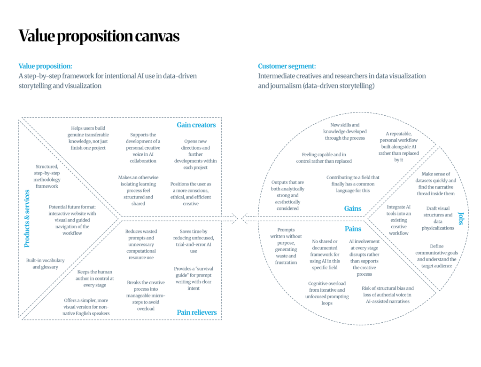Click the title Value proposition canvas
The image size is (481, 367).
click(x=99, y=36)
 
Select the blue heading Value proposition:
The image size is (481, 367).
click(x=46, y=66)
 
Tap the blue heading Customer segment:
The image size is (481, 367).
click(x=287, y=66)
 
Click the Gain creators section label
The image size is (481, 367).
click(x=196, y=125)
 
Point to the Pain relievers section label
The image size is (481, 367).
click(x=197, y=312)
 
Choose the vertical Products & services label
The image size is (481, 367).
click(x=27, y=218)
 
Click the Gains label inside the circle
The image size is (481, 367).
click(x=353, y=208)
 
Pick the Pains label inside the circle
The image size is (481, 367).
click(x=353, y=229)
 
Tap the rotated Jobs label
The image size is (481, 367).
click(x=461, y=218)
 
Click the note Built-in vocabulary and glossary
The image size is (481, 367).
click(x=46, y=263)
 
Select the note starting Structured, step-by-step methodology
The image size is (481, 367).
click(x=47, y=176)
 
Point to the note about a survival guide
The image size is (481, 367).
click(x=194, y=278)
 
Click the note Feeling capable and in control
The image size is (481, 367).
click(x=324, y=158)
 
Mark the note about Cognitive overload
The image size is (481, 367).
click(x=327, y=293)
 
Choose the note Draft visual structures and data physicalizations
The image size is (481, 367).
click(x=438, y=218)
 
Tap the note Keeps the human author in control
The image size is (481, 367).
click(x=95, y=278)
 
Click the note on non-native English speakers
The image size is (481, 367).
click(x=86, y=307)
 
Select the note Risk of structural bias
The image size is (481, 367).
click(x=388, y=295)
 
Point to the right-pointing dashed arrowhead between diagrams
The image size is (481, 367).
click(x=235, y=218)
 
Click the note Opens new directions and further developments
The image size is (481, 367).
click(x=195, y=154)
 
